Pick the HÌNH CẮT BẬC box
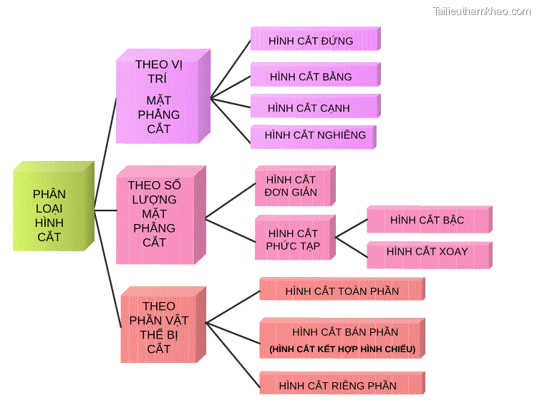[x=427, y=220]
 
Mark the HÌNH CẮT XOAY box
[x=427, y=252]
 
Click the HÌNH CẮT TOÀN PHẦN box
[x=342, y=291]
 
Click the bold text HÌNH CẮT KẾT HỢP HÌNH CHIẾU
[x=342, y=349]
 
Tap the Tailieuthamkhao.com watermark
[x=481, y=11]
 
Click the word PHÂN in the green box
[x=49, y=194]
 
